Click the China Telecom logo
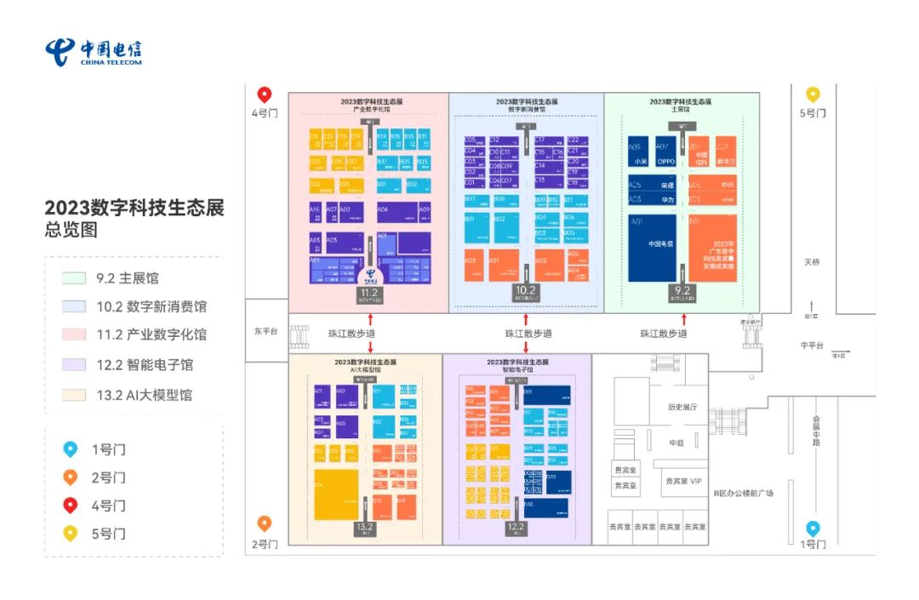(x=94, y=52)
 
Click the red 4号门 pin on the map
(x=265, y=94)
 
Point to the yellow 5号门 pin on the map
(x=813, y=94)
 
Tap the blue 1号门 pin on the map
(x=813, y=528)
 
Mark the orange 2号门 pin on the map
(x=265, y=523)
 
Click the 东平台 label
(x=265, y=332)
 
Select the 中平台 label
(x=813, y=346)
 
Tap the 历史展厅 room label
(x=682, y=408)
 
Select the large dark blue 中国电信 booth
(x=652, y=248)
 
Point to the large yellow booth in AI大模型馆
(x=335, y=494)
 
